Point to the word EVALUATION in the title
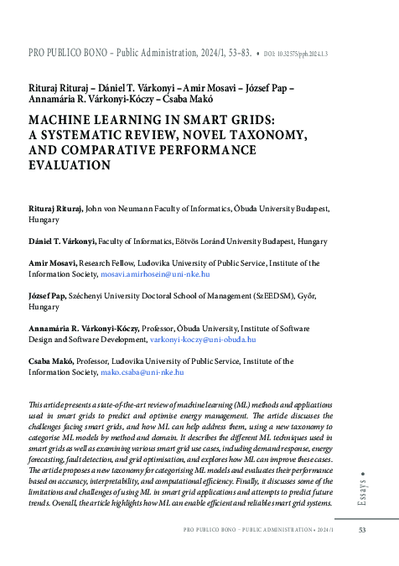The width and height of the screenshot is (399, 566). coord(70,165)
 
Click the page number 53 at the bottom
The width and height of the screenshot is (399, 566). coord(362,530)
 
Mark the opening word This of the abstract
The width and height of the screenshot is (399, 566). coord(37,406)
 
